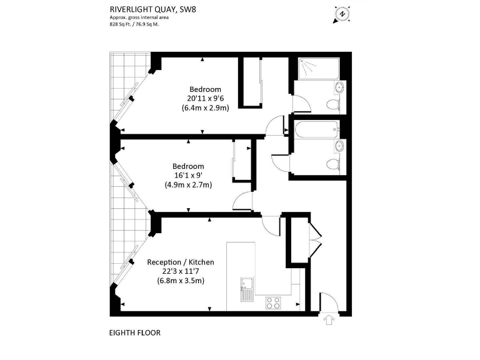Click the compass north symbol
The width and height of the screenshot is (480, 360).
[x=341, y=12]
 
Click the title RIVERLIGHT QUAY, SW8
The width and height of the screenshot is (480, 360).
[x=152, y=9]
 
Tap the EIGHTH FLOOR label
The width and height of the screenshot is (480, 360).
[x=135, y=332]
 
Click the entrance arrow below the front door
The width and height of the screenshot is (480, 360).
[x=329, y=321]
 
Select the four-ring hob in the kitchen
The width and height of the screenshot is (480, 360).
[x=273, y=302]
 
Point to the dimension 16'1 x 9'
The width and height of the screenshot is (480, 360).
[x=188, y=175]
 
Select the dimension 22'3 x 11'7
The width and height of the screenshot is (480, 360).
[x=181, y=271]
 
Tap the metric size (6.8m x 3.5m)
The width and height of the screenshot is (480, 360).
[x=181, y=281]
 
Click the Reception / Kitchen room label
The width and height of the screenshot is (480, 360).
[x=181, y=262]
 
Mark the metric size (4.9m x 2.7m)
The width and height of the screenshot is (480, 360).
[x=188, y=184]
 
